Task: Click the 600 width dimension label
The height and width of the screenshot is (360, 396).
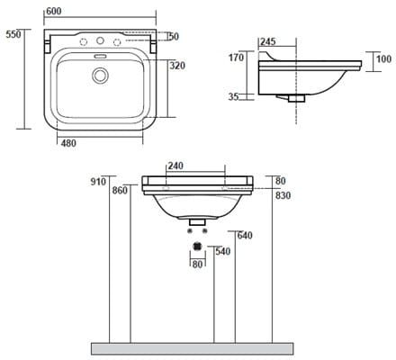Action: coord(54,11)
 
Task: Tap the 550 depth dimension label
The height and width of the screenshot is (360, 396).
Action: coord(13,34)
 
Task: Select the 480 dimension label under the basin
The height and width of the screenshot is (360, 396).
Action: coord(68,143)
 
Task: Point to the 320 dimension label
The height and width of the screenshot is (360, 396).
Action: coord(177,66)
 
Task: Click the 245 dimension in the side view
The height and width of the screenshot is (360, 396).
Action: coord(267,41)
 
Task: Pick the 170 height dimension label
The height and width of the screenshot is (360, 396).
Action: coord(237,58)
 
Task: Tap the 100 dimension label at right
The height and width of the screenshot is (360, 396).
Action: coord(384,59)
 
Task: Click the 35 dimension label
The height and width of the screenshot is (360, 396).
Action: coord(233,97)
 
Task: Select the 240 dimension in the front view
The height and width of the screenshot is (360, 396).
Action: coord(175,166)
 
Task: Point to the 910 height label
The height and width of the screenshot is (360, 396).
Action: coord(98,182)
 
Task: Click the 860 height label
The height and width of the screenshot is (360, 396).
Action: coord(120,191)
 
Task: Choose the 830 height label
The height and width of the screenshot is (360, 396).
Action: coord(283,195)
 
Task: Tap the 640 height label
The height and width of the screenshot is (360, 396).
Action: coord(245,236)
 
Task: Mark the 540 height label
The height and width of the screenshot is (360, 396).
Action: coord(223,251)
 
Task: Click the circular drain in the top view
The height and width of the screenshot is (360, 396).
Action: coord(100,76)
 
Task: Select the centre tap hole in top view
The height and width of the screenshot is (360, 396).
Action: coord(100,40)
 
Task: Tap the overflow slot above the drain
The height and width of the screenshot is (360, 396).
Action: coord(100,56)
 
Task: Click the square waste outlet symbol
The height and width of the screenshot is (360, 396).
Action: coord(197,246)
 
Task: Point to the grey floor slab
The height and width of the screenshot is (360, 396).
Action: coord(192,349)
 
